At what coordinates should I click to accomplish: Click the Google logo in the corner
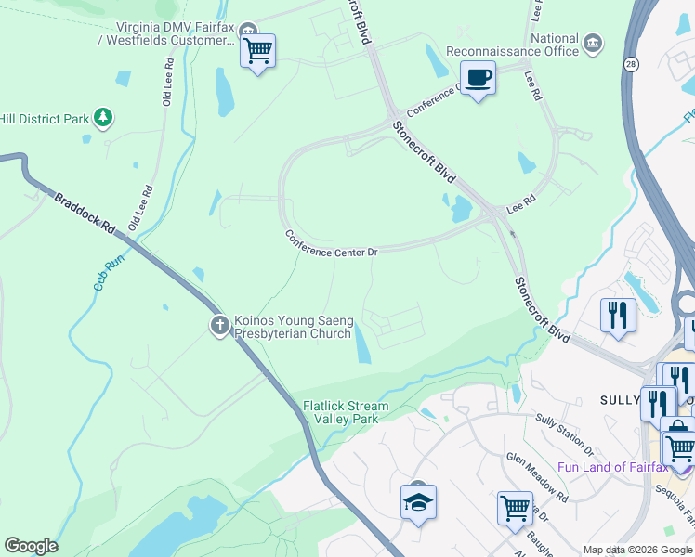tap(31, 546)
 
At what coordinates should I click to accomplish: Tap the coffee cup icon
tap(478, 78)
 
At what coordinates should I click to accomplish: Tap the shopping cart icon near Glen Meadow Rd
tap(515, 509)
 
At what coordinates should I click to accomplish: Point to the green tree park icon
tap(104, 118)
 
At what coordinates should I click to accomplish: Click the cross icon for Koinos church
tap(219, 325)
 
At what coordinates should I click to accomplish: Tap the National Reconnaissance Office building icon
tap(593, 42)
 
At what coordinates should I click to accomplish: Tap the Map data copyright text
tap(636, 550)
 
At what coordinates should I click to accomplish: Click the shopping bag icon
tap(677, 430)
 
